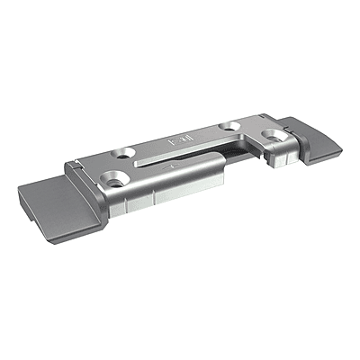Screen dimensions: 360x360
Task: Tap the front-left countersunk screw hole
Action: pos(115,177)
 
